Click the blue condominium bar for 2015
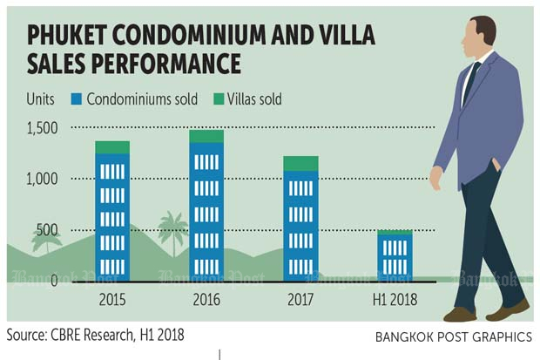pyautogui.click(x=113, y=218)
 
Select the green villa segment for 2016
pyautogui.click(x=206, y=137)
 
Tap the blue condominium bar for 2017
pyautogui.click(x=300, y=227)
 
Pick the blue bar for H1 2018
pyautogui.click(x=395, y=257)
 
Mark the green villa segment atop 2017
pyautogui.click(x=300, y=164)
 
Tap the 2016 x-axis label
pyautogui.click(x=206, y=299)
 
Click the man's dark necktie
pyautogui.click(x=469, y=83)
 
